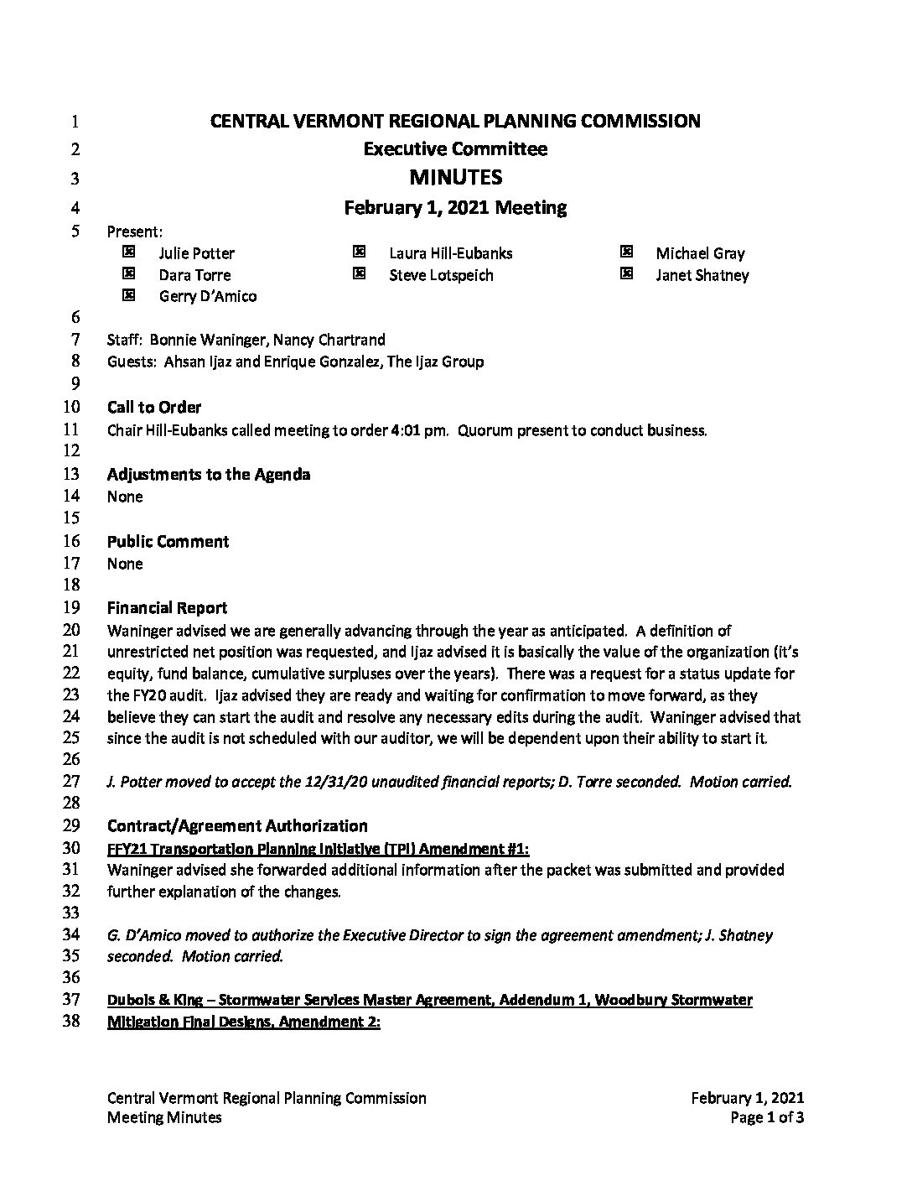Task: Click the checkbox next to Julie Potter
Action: (128, 252)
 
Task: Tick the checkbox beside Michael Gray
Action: (625, 252)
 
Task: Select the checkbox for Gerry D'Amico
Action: (128, 295)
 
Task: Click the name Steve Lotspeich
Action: (441, 275)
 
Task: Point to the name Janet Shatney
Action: (702, 275)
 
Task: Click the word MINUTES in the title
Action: (455, 178)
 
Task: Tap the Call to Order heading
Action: (154, 408)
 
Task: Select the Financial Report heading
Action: (167, 608)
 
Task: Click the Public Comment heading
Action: (168, 542)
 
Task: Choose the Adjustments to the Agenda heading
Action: (209, 475)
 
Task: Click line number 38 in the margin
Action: (71, 1022)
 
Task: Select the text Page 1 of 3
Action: (767, 1117)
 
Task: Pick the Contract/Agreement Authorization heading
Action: (237, 826)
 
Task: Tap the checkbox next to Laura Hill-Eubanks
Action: (359, 252)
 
